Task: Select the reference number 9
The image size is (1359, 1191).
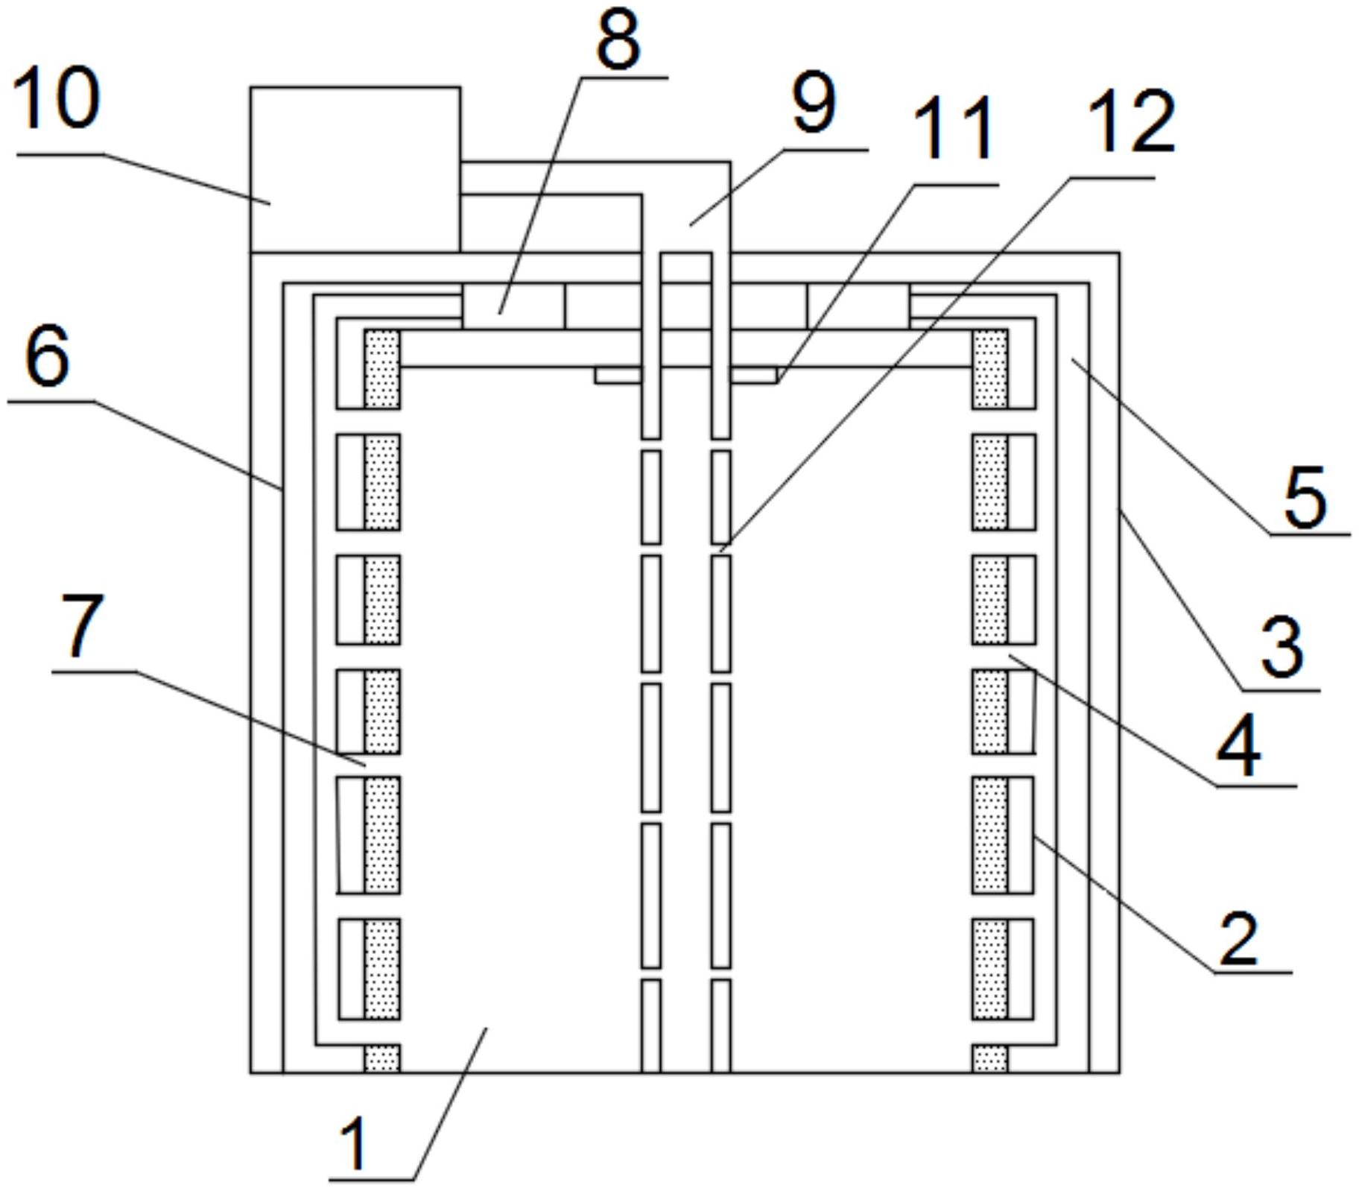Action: (x=814, y=104)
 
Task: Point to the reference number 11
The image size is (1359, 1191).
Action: (x=954, y=130)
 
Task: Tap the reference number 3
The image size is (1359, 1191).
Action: (x=1282, y=647)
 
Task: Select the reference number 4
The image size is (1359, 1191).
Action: (x=1238, y=746)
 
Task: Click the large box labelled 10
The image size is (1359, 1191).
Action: (x=355, y=169)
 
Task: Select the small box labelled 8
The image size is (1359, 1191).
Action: (x=513, y=306)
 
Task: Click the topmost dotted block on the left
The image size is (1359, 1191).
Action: (x=382, y=370)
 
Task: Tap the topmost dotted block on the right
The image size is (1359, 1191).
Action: (x=990, y=370)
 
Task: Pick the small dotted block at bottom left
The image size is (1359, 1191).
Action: (x=382, y=1058)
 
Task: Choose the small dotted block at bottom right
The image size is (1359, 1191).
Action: (x=990, y=1058)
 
